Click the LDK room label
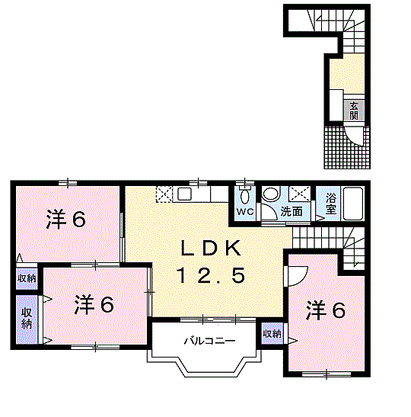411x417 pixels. point(211,248)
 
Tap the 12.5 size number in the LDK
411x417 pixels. point(212,275)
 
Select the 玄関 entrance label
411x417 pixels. point(354,111)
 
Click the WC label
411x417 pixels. point(245,212)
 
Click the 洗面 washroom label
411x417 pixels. point(292,211)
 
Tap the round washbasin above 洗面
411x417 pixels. point(270,194)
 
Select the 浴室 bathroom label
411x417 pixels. point(331,204)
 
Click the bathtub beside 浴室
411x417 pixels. point(353,204)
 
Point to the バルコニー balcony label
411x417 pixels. point(210,341)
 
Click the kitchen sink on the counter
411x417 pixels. point(185,194)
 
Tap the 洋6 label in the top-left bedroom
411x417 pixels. point(66,219)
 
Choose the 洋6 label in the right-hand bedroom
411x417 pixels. point(326,310)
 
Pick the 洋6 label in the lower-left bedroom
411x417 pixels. point(94,304)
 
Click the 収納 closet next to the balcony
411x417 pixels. point(272,334)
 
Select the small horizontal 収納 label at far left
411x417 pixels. point(27,278)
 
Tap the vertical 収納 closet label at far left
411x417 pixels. point(27,318)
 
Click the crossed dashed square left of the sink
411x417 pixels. point(164,194)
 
